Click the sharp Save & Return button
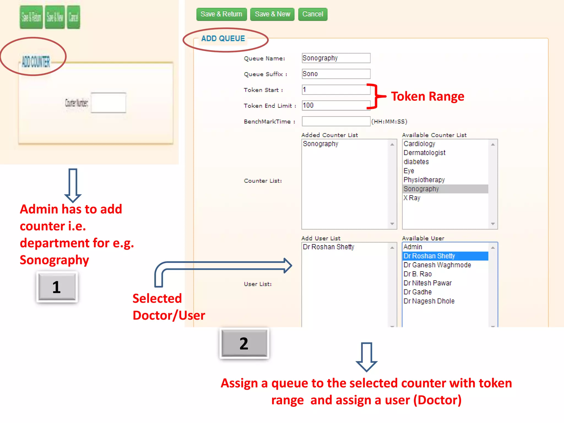[221, 14]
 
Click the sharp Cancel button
[313, 14]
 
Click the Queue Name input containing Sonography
[336, 58]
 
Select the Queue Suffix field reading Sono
[336, 74]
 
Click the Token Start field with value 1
[336, 90]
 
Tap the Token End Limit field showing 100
[336, 105]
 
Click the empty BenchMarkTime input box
[336, 121]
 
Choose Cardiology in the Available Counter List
[419, 144]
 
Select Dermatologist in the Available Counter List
[424, 153]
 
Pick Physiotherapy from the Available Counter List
[424, 180]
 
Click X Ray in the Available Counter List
[412, 198]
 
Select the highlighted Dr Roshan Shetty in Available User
[429, 256]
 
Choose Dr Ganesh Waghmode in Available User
[437, 265]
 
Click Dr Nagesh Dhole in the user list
[429, 301]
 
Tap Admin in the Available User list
[413, 247]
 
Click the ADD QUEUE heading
[223, 39]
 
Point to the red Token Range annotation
[427, 97]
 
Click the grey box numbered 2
[244, 343]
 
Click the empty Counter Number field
[108, 103]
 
